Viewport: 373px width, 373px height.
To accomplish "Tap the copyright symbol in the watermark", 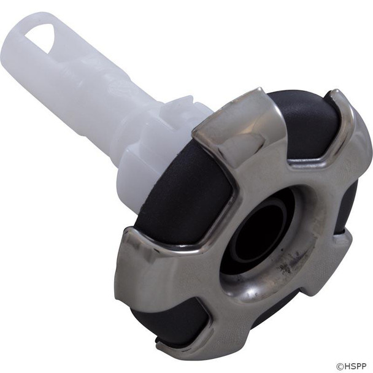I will (339, 366).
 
